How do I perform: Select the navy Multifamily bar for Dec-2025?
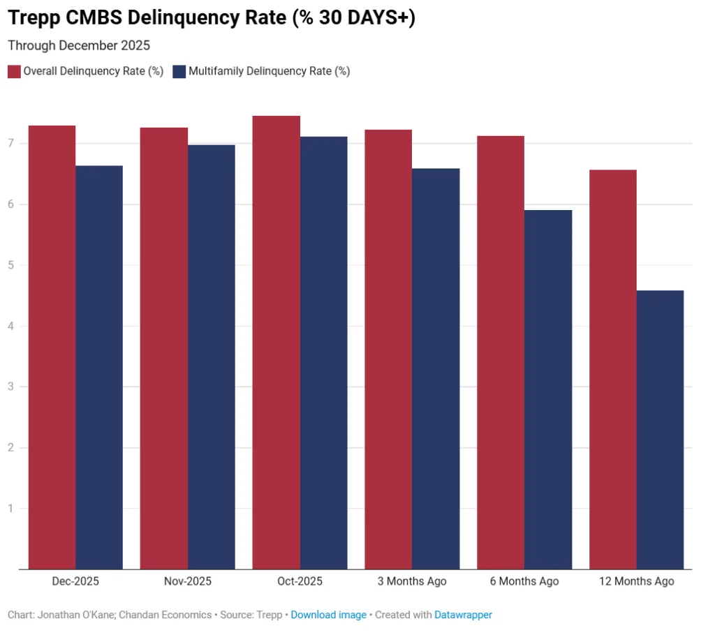pyautogui.click(x=99, y=367)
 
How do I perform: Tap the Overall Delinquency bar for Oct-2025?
pyautogui.click(x=276, y=342)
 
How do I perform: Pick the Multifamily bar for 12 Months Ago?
pyautogui.click(x=660, y=429)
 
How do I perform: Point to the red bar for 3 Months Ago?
pyautogui.click(x=388, y=349)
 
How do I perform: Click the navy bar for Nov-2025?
pyautogui.click(x=212, y=357)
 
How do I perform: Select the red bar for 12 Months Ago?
pyautogui.click(x=612, y=369)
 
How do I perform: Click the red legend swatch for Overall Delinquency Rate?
pyautogui.click(x=14, y=71)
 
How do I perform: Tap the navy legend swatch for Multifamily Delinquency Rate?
pyautogui.click(x=179, y=71)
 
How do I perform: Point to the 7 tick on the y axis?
pyautogui.click(x=11, y=144)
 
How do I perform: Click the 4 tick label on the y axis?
pyautogui.click(x=11, y=326)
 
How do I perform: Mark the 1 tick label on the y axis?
pyautogui.click(x=11, y=508)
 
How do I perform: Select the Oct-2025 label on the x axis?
pyautogui.click(x=300, y=581)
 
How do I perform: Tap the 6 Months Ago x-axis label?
pyautogui.click(x=524, y=581)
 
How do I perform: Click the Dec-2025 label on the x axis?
pyautogui.click(x=75, y=581)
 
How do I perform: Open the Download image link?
pyautogui.click(x=328, y=615)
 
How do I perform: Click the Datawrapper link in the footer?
pyautogui.click(x=463, y=615)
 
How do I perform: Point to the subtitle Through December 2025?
pyautogui.click(x=79, y=45)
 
